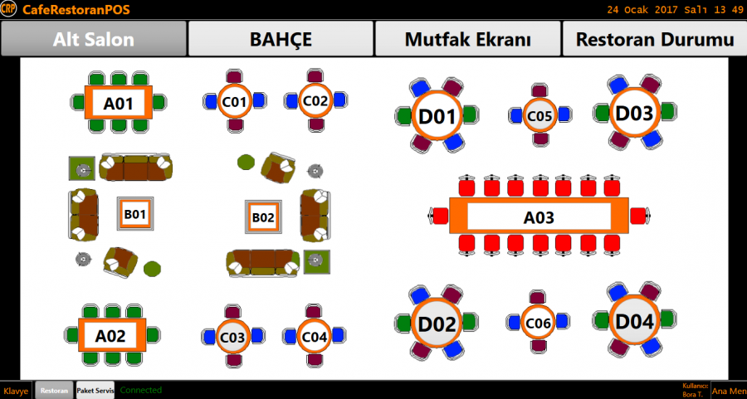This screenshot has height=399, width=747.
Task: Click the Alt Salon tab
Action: click(x=94, y=40)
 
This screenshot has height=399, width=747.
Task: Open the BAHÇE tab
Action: click(x=281, y=40)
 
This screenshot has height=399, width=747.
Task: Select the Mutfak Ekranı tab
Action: click(x=467, y=40)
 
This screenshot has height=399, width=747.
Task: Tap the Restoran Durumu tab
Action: click(x=654, y=40)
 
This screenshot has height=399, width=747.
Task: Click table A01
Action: click(x=118, y=104)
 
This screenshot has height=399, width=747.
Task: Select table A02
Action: click(x=110, y=336)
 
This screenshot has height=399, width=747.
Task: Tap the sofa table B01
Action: click(x=134, y=214)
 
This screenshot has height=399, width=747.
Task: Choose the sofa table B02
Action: click(x=263, y=217)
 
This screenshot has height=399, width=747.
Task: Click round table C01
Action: click(x=234, y=101)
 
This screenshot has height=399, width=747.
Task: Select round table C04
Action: click(x=315, y=337)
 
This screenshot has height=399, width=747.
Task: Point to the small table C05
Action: click(x=539, y=116)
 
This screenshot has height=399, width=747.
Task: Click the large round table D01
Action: click(x=437, y=116)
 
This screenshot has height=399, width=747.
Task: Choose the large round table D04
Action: click(x=635, y=322)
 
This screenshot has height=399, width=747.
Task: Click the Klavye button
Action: click(x=16, y=391)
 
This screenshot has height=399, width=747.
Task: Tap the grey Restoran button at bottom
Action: click(x=54, y=391)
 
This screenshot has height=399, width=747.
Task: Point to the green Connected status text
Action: click(x=141, y=390)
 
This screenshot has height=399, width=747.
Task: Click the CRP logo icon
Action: click(x=9, y=9)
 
